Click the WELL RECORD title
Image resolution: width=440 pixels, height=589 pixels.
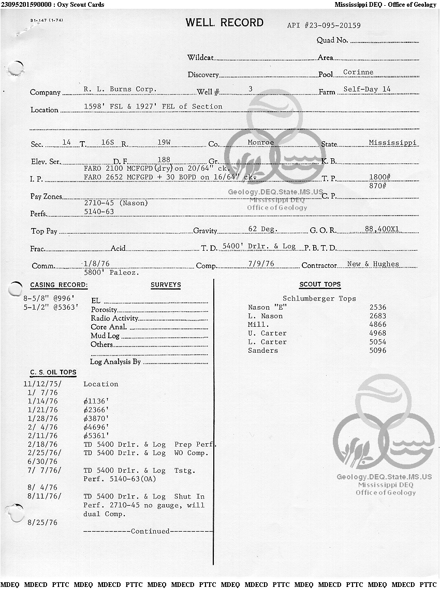point(224,23)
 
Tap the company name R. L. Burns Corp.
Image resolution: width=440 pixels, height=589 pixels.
point(120,89)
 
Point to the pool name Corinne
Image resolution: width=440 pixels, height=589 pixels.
point(358,72)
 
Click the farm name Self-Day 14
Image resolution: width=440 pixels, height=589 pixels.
point(367,89)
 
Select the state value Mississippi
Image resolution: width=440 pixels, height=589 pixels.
point(392,142)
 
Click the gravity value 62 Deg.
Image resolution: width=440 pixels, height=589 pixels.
point(263,229)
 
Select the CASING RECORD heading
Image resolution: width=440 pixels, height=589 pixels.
point(59,285)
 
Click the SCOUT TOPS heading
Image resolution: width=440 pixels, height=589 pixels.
point(320,284)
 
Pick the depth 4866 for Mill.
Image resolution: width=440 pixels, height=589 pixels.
point(378,325)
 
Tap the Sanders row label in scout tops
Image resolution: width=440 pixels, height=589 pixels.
point(263,351)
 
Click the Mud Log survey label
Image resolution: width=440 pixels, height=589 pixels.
point(105,336)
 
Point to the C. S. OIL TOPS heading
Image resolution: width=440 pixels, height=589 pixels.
point(53,372)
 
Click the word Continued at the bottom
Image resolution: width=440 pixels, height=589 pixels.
point(150,531)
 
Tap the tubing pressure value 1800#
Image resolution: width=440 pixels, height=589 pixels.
point(379,177)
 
